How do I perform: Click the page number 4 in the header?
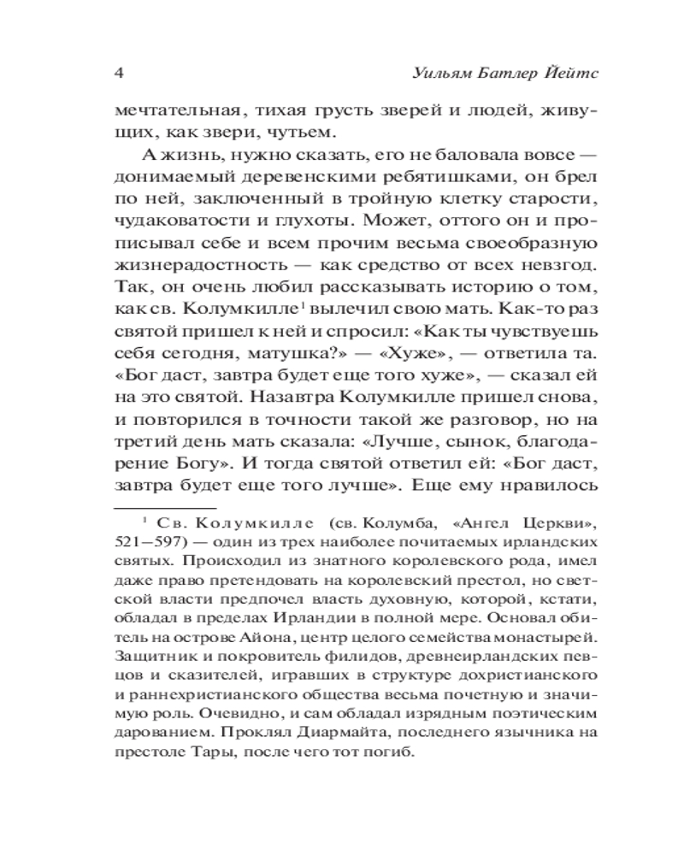[119, 71]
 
